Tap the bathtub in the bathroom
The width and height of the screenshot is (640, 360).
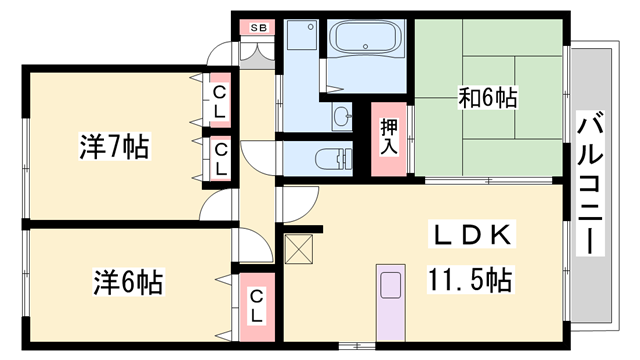click(x=364, y=41)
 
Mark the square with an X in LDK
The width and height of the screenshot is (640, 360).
click(x=299, y=248)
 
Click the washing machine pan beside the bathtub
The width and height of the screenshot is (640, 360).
click(x=299, y=41)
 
